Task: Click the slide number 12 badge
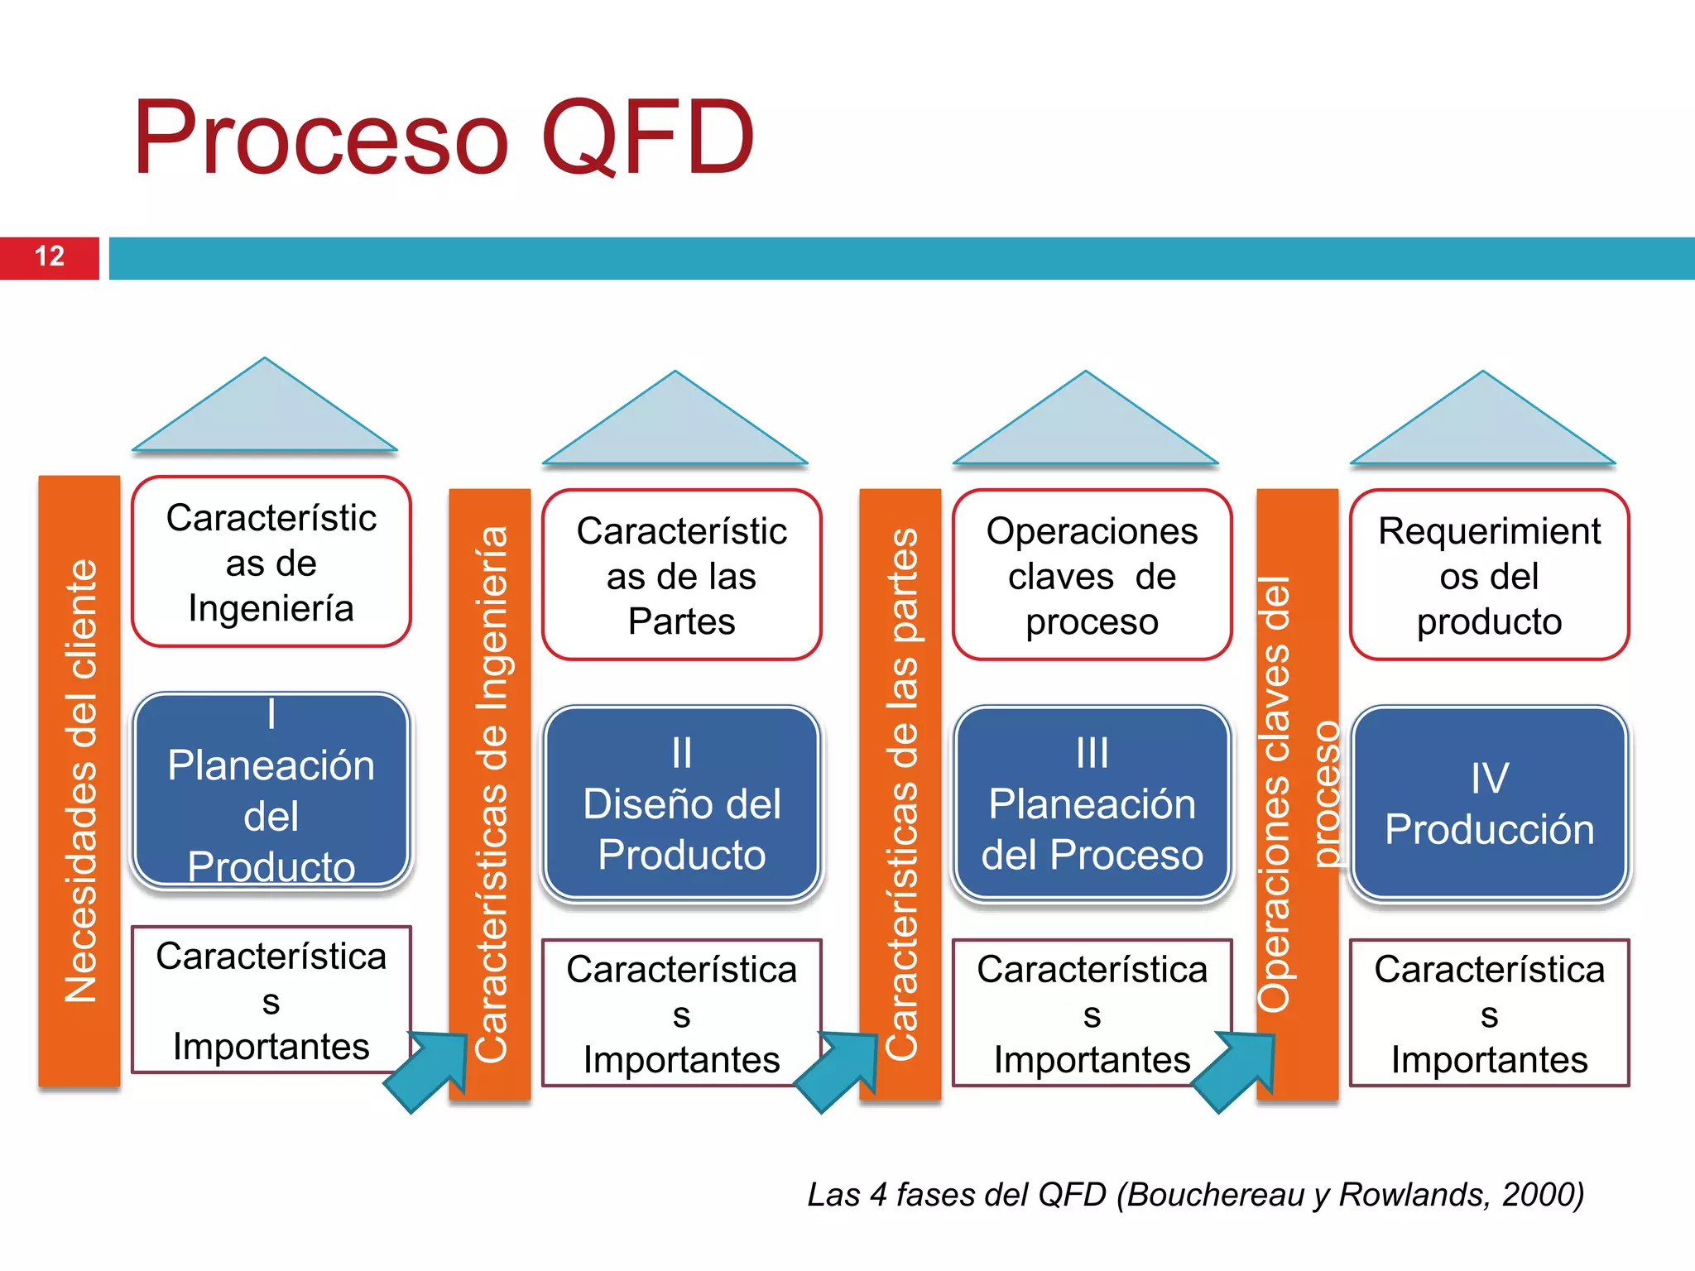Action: pyautogui.click(x=50, y=257)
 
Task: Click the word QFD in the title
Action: pyautogui.click(x=647, y=138)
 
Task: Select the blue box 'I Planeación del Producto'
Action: pyautogui.click(x=271, y=790)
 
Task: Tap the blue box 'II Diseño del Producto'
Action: pyautogui.click(x=681, y=803)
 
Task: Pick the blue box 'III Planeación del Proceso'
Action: pyautogui.click(x=1092, y=803)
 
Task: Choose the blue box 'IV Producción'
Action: pyautogui.click(x=1489, y=803)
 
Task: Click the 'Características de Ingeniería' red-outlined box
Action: pyautogui.click(x=271, y=562)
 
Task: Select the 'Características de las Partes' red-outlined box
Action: pyautogui.click(x=681, y=575)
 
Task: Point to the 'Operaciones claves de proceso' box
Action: pyautogui.click(x=1092, y=575)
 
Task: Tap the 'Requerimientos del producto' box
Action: pyautogui.click(x=1489, y=575)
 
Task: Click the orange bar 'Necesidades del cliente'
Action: pyautogui.click(x=79, y=780)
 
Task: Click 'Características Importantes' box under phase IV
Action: pyautogui.click(x=1489, y=1013)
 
